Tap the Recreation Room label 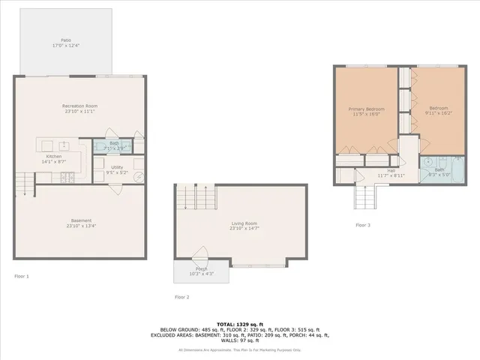coord(81,106)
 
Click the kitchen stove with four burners coord(68,177)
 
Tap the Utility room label coord(117,167)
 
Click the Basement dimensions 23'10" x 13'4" coord(81,226)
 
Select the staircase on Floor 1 coord(24,183)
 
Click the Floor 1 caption coord(22,277)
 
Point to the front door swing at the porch coord(199,253)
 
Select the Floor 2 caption coord(182,298)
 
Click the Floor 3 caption coord(363,225)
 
